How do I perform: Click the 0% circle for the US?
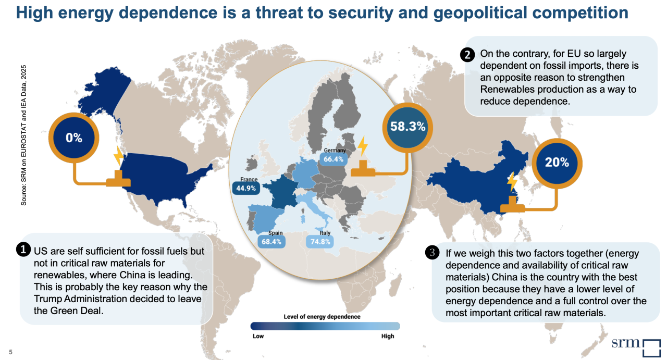tap(74, 138)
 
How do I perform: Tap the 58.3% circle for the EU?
tap(409, 127)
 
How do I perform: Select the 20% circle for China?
tap(557, 162)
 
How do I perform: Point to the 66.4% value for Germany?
tap(333, 159)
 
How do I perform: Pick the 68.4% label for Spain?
tap(271, 242)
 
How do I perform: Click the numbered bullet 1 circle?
tap(23, 250)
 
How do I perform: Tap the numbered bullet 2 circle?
tap(467, 54)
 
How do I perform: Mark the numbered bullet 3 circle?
tap(433, 253)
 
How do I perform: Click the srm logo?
tap(635, 346)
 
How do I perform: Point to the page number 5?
tap(10, 352)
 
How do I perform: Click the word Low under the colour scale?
tap(258, 336)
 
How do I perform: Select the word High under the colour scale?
tap(388, 336)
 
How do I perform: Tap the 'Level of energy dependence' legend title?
tap(322, 317)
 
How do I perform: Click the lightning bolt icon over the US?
tap(119, 157)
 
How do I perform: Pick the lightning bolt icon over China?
tap(513, 182)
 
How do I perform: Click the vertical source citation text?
tap(24, 135)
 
